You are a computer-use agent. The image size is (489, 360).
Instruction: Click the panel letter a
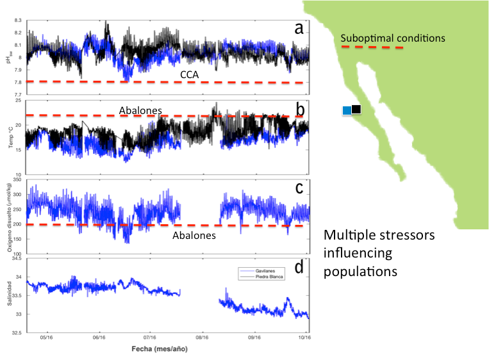(297, 28)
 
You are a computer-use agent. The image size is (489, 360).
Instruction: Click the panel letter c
(298, 187)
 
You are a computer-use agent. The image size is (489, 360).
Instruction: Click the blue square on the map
(347, 110)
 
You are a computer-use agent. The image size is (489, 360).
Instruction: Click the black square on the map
(356, 109)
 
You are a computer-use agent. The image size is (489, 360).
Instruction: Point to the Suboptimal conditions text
(392, 38)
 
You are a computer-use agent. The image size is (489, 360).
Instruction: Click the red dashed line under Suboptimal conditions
(371, 47)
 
